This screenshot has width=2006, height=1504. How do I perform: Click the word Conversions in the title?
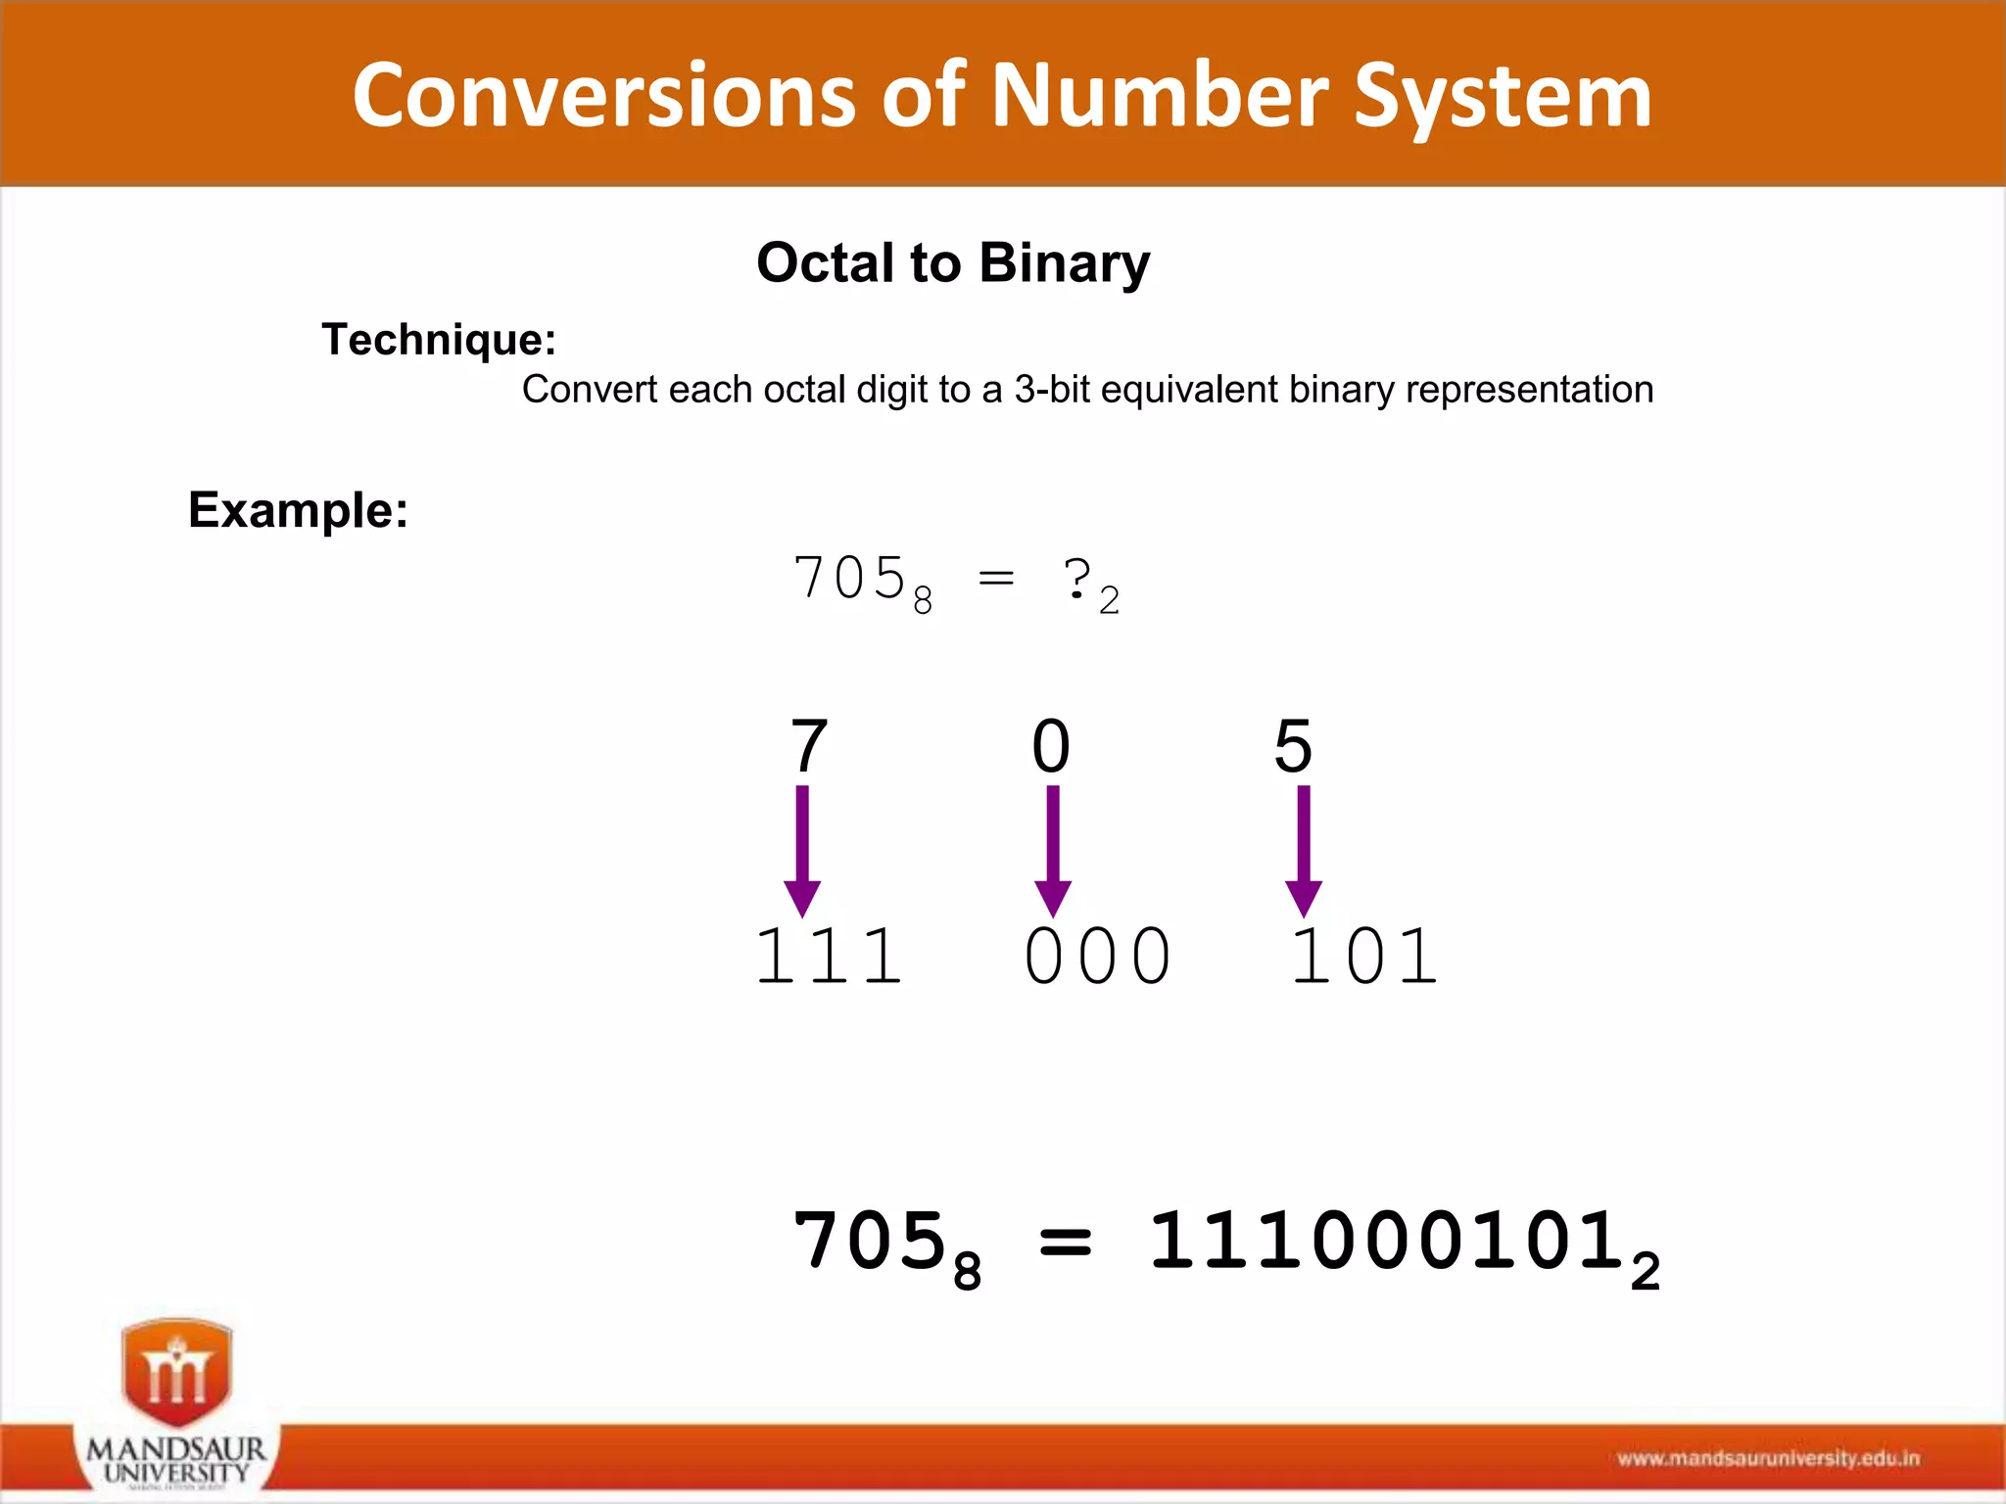click(x=602, y=96)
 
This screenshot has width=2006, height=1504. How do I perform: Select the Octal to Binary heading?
click(x=953, y=262)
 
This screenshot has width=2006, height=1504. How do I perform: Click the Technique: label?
click(x=439, y=340)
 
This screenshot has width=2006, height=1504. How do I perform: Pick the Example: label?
click(x=298, y=510)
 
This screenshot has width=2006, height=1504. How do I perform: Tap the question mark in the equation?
click(x=1076, y=579)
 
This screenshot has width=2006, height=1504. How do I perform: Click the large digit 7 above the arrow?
click(x=809, y=746)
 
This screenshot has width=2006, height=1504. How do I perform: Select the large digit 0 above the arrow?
click(x=1051, y=746)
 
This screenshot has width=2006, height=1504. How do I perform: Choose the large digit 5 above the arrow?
click(x=1293, y=746)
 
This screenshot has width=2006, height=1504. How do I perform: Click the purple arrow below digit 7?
click(x=802, y=850)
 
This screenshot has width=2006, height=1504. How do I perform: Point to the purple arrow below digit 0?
click(x=1053, y=850)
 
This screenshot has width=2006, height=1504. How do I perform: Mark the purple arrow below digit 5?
click(x=1304, y=850)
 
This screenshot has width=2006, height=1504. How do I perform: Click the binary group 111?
click(x=829, y=957)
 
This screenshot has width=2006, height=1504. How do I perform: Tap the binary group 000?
click(x=1097, y=957)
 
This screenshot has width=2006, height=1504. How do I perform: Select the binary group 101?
click(x=1364, y=957)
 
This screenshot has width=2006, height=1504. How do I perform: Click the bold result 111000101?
click(x=1389, y=1242)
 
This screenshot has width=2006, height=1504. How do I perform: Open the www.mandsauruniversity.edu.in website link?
click(x=1768, y=1459)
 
